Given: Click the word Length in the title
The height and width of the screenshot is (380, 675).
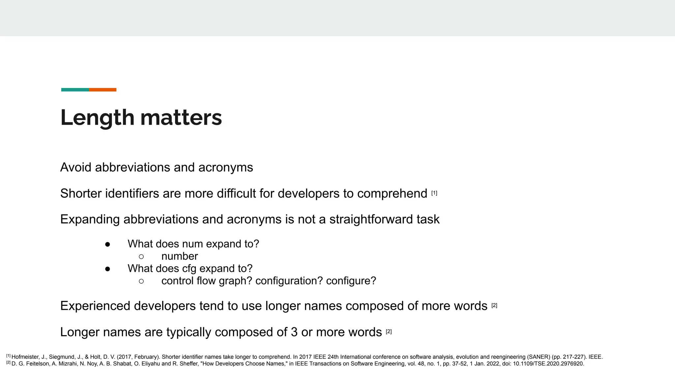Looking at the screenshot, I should point(97,118).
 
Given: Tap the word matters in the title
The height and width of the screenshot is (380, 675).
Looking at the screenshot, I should point(181,118).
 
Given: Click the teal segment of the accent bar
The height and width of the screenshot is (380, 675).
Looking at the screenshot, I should point(75,90).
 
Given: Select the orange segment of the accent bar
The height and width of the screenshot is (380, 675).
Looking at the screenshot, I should point(103,90).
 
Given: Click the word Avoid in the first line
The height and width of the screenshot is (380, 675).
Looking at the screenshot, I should point(75,168).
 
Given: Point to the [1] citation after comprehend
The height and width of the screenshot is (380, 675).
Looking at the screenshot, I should point(434,193).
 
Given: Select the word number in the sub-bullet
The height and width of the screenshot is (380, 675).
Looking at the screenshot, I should point(180,256).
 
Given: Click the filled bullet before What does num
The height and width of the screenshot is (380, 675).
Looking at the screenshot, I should point(107,244).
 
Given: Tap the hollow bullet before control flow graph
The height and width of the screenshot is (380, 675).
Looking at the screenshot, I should point(141,281).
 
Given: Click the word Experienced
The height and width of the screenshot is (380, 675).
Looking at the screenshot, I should point(95,306).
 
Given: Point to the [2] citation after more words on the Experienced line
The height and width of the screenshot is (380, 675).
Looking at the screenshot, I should point(494,305).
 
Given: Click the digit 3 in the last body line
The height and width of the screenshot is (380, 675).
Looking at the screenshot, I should point(294,332).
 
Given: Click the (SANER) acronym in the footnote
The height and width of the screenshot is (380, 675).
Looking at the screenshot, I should point(539,357).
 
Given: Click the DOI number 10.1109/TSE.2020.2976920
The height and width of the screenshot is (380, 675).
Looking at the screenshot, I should point(548,364).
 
